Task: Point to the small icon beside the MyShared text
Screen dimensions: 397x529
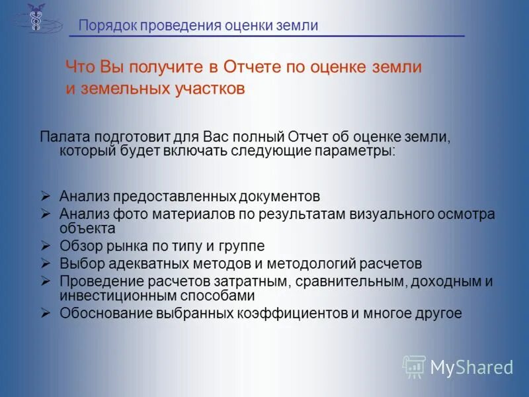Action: pyautogui.click(x=414, y=366)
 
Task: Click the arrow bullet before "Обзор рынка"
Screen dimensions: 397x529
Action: pyautogui.click(x=45, y=246)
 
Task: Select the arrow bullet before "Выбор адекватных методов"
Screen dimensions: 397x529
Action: pyautogui.click(x=45, y=263)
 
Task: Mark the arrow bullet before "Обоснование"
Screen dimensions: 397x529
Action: pyautogui.click(x=45, y=313)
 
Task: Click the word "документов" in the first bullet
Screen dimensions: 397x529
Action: pyautogui.click(x=280, y=197)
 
